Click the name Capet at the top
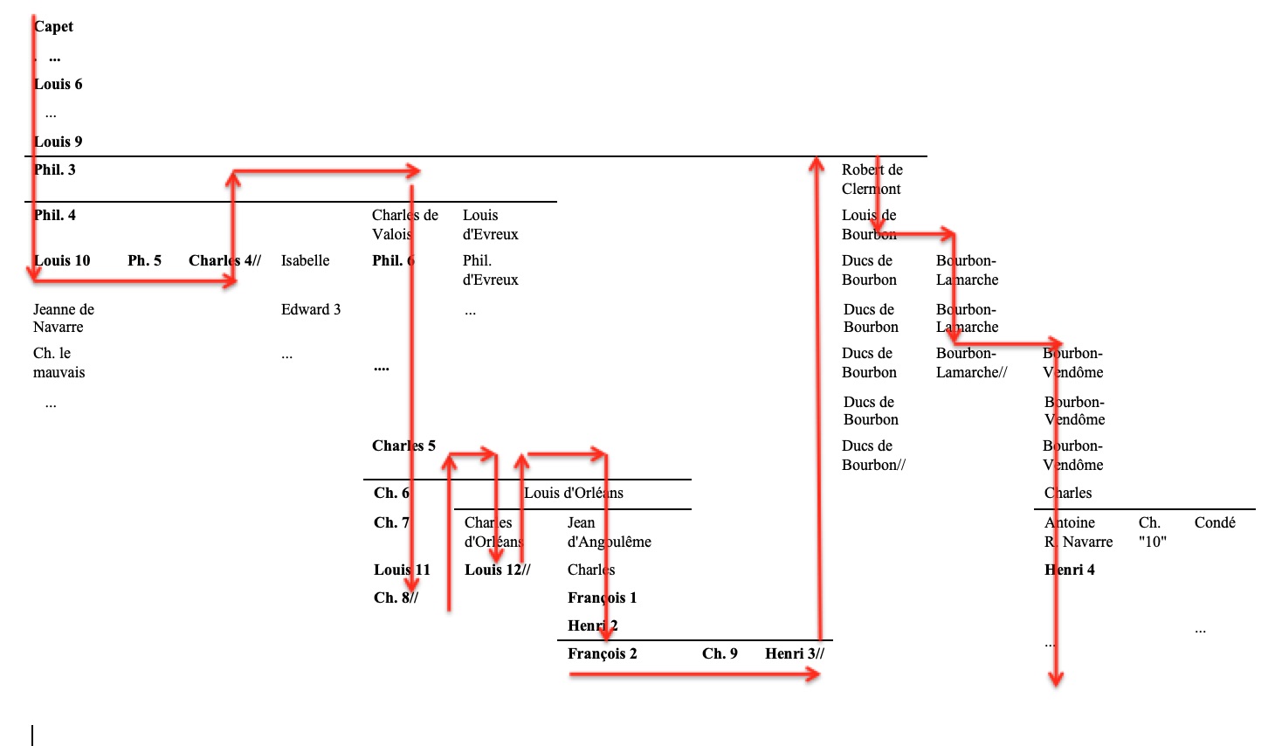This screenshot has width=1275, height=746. click(53, 26)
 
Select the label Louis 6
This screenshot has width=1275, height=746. click(59, 84)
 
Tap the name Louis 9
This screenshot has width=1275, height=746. click(59, 142)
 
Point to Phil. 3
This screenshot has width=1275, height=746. click(55, 169)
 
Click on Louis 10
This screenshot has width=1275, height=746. click(62, 260)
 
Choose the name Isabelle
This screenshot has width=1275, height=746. click(305, 260)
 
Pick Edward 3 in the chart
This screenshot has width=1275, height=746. click(311, 309)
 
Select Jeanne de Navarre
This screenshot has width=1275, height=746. click(63, 318)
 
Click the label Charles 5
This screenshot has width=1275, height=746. click(403, 446)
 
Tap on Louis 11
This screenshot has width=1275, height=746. click(402, 570)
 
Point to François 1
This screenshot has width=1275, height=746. click(602, 597)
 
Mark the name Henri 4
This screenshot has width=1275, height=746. click(1070, 570)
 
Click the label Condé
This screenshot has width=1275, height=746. click(1215, 522)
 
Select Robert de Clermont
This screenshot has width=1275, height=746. click(872, 179)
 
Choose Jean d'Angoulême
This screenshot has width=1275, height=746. click(609, 532)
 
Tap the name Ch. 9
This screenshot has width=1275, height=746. click(720, 653)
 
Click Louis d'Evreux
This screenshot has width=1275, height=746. click(490, 224)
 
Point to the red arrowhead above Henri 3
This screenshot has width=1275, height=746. click(817, 164)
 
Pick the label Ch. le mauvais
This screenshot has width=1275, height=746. click(59, 363)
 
